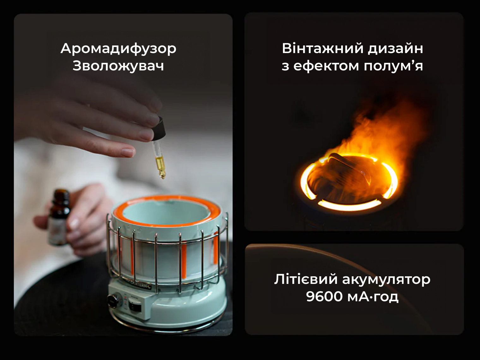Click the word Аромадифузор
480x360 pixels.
(118, 49)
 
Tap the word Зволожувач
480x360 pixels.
(118, 66)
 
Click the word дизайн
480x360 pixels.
(395, 49)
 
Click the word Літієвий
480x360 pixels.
(306, 279)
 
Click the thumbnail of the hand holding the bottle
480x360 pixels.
(74, 223)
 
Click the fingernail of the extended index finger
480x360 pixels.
(128, 152)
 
